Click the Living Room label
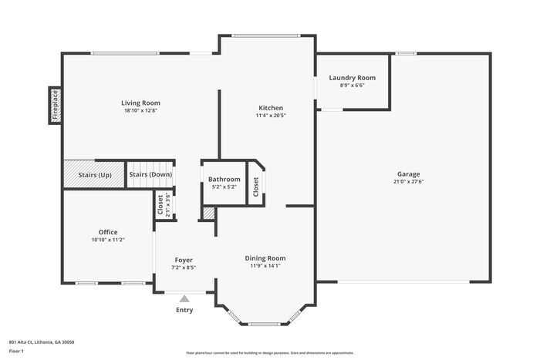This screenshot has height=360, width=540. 140,103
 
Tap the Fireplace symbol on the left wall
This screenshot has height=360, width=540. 55,106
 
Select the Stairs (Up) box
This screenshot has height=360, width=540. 95,174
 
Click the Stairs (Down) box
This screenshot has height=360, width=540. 150,174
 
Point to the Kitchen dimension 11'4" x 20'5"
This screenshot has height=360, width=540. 271,116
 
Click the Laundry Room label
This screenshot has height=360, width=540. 352,78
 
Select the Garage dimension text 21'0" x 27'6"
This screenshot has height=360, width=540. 409,182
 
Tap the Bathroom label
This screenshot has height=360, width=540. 224,180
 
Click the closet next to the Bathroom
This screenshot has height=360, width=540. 256,185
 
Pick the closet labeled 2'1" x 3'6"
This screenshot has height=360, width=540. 164,205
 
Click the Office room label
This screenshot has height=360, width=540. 108,232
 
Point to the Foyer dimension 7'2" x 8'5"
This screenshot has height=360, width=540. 184,268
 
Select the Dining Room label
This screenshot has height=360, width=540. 265,258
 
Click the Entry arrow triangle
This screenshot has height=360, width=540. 184,298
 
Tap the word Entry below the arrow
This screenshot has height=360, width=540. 184,310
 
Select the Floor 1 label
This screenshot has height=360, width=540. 16,351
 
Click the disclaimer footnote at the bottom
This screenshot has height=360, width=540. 269,352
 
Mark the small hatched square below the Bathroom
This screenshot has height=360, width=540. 208,212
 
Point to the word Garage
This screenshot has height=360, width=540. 409,173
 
